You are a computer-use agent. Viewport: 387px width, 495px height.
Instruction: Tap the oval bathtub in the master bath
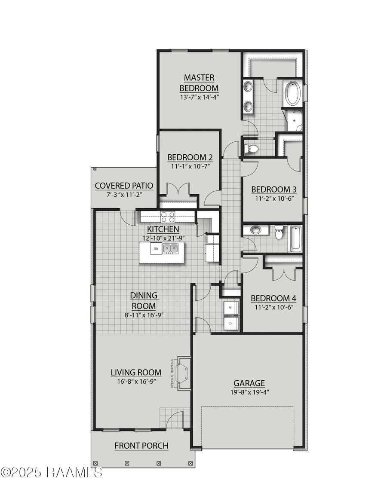click(x=293, y=94)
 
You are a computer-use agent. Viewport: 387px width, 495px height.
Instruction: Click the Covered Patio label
click(x=124, y=186)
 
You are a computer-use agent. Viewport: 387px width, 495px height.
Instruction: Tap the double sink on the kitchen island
click(x=171, y=248)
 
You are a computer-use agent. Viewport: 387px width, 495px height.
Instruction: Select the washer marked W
click(x=230, y=308)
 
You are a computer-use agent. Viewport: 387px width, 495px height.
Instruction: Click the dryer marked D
click(x=230, y=323)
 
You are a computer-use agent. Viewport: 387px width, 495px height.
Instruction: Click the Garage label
click(x=249, y=383)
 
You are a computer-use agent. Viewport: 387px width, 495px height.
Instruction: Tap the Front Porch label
click(x=141, y=446)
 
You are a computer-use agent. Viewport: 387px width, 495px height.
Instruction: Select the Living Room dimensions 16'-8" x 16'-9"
click(x=136, y=381)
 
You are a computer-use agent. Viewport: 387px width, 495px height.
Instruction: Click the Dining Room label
click(x=144, y=301)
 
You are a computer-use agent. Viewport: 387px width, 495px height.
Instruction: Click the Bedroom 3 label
click(x=273, y=189)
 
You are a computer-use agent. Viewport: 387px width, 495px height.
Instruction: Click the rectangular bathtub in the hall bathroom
click(x=295, y=239)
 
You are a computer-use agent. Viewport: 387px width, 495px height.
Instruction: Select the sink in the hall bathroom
click(x=256, y=230)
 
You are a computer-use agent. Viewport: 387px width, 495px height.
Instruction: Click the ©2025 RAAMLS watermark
click(x=52, y=472)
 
